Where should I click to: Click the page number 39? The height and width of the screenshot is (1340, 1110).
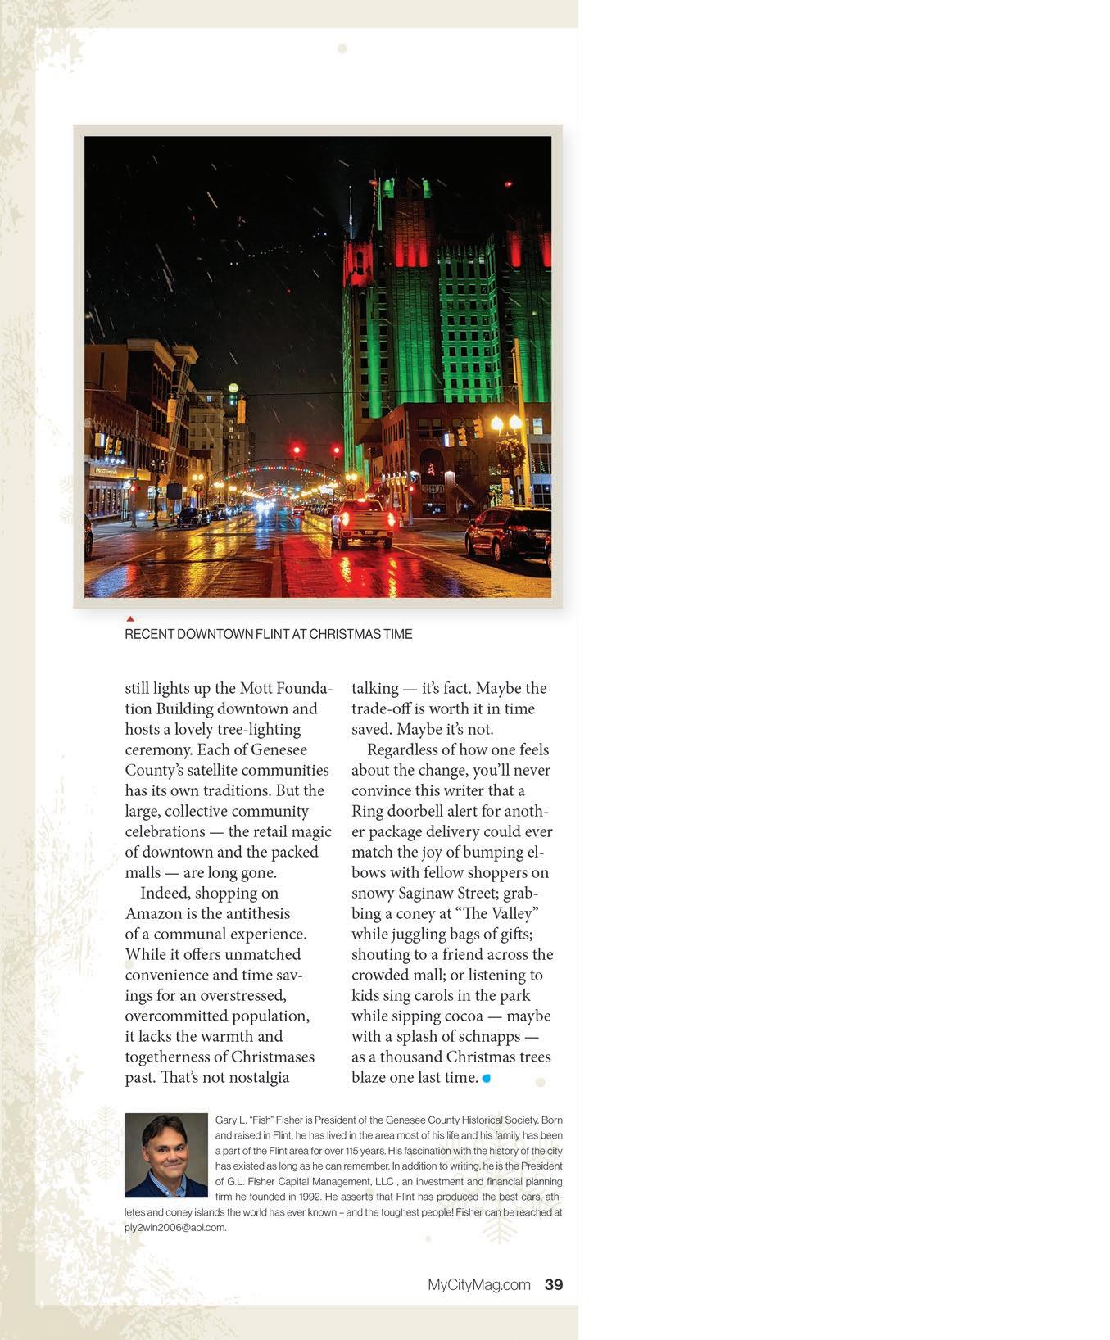[554, 1284]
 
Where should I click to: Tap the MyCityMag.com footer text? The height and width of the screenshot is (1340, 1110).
[478, 1284]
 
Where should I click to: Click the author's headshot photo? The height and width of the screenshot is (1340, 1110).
[166, 1155]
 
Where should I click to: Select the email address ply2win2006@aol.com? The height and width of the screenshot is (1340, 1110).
[174, 1227]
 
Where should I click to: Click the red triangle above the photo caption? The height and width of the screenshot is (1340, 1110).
[130, 618]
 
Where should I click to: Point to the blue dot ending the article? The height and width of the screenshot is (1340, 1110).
[487, 1078]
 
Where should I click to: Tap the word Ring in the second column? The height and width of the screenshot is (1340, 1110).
[368, 811]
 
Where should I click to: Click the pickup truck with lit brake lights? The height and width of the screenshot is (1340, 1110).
[362, 522]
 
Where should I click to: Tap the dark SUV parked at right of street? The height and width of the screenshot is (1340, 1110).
[508, 532]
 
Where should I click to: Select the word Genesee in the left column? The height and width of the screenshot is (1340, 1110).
[279, 749]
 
